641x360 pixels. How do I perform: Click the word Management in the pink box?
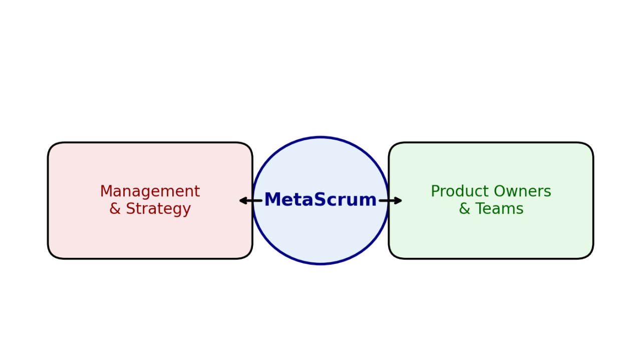pyautogui.click(x=150, y=192)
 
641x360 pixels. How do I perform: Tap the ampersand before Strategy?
pyautogui.click(x=115, y=209)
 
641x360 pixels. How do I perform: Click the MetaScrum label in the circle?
pyautogui.click(x=320, y=200)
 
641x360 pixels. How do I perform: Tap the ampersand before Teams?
pyautogui.click(x=464, y=209)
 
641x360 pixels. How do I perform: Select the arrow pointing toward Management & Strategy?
pyautogui.click(x=250, y=201)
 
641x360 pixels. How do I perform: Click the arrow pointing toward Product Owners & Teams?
pyautogui.click(x=391, y=201)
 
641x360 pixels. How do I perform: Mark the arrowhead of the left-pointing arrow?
pyautogui.click(x=242, y=201)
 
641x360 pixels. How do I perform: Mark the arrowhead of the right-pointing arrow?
pyautogui.click(x=400, y=201)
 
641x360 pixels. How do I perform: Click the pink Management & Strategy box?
pyautogui.click(x=150, y=235)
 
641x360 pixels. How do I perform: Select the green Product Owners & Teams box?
pyautogui.click(x=491, y=235)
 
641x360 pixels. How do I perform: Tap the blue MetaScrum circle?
pyautogui.click(x=320, y=235)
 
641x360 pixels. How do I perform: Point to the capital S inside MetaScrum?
pyautogui.click(x=324, y=200)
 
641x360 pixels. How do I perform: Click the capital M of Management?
pyautogui.click(x=106, y=192)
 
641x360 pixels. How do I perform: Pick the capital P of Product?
pyautogui.click(x=435, y=192)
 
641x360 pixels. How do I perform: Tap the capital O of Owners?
pyautogui.click(x=499, y=192)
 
